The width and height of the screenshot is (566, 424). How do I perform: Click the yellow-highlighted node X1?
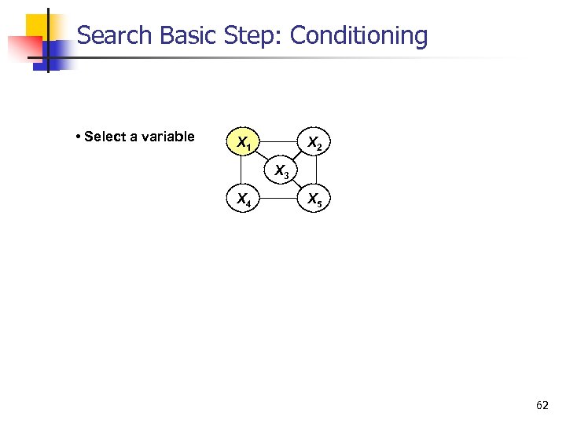(x=244, y=142)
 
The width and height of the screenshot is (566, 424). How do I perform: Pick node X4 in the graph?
(x=244, y=199)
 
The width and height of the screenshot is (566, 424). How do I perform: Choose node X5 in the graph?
(x=314, y=199)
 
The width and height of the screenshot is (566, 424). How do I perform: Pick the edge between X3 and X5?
(x=299, y=185)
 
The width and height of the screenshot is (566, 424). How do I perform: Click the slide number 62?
(x=542, y=405)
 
